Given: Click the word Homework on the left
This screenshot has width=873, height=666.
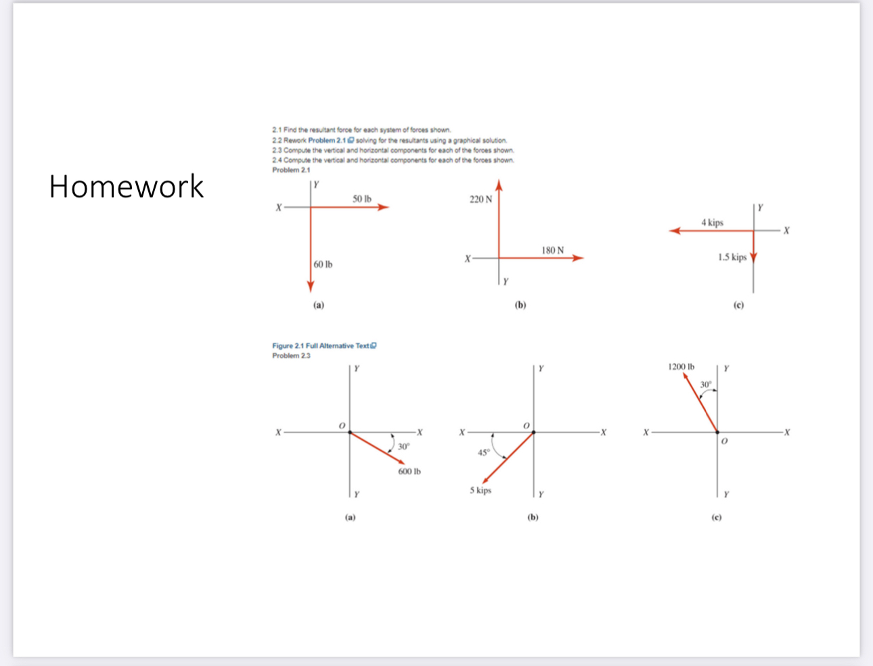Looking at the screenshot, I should (126, 186).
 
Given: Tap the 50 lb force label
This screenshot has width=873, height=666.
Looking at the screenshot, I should (361, 198).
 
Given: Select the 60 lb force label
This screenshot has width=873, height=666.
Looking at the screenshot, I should (323, 264).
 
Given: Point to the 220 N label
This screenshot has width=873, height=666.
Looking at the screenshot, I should (480, 199).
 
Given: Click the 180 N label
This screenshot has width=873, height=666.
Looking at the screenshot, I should (552, 250).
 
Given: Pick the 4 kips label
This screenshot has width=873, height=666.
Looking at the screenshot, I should (712, 222).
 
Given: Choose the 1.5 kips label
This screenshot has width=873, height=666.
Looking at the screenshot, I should (732, 257).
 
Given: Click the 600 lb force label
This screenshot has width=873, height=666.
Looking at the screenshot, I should (409, 471).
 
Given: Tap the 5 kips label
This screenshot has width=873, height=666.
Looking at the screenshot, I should (480, 490).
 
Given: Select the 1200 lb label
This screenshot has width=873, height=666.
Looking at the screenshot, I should (681, 367).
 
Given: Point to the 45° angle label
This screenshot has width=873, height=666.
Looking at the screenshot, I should (483, 453).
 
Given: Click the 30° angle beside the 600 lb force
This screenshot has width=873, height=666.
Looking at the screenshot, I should (403, 447).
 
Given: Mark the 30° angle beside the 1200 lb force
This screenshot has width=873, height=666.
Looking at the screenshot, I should (706, 384).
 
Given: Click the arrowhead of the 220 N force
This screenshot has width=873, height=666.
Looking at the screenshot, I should (499, 185).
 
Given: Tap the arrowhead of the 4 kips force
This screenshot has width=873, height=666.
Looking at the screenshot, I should (675, 231).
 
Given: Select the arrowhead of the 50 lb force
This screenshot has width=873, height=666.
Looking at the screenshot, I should (384, 207).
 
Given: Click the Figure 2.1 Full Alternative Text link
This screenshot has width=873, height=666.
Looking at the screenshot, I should (323, 346).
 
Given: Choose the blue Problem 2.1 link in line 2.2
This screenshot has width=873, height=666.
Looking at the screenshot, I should (328, 140).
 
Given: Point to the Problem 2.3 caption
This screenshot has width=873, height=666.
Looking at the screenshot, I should (291, 355).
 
